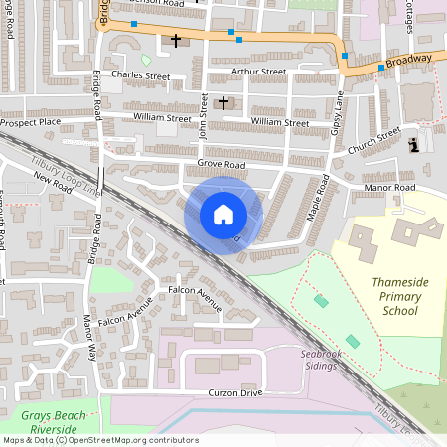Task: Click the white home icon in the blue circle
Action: pos(223,215)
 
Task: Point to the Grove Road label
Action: pos(221,163)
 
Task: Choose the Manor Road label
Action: pos(389,187)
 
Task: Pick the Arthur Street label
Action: pos(258,72)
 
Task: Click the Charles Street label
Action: pos(141,74)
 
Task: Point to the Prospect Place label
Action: pos(31,122)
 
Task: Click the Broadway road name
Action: pos(409,61)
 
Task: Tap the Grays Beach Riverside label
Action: pos(54,422)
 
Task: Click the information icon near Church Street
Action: pos(414,145)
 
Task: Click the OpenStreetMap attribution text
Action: pos(99,440)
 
